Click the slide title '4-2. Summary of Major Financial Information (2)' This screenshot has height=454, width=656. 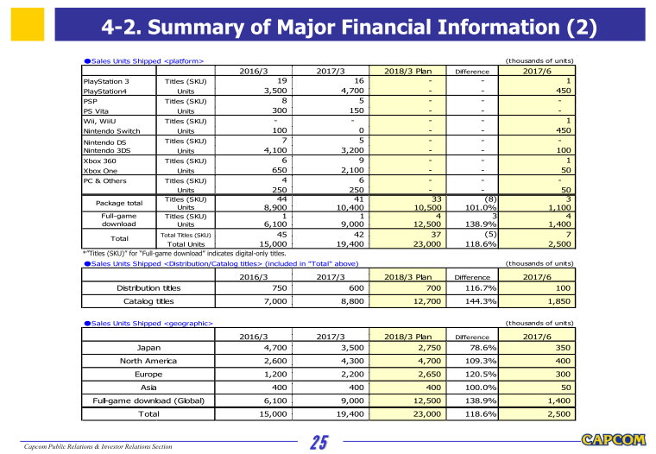350,28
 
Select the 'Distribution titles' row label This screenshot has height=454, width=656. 148,288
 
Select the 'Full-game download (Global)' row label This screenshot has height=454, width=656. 148,400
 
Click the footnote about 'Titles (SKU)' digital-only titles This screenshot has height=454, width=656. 181,254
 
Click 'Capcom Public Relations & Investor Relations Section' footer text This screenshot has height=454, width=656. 97,446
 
